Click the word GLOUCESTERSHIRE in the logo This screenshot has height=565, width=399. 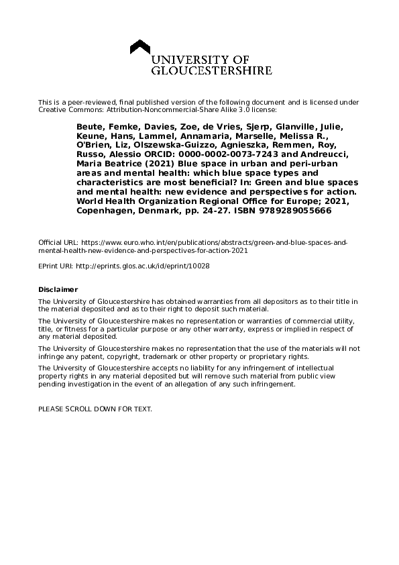211,70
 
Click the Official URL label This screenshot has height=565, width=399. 58,242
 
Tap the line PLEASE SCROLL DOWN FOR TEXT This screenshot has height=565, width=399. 95,409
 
